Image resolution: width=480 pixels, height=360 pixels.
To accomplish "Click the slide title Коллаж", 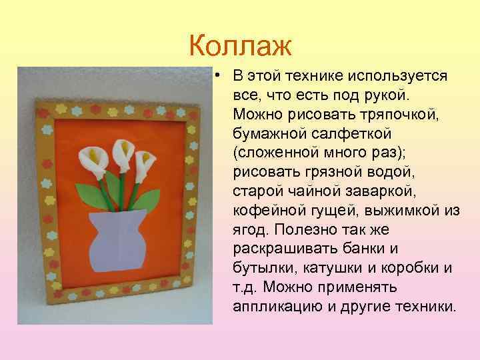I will (x=240, y=46).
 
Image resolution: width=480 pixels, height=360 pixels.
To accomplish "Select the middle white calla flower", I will (x=122, y=151).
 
